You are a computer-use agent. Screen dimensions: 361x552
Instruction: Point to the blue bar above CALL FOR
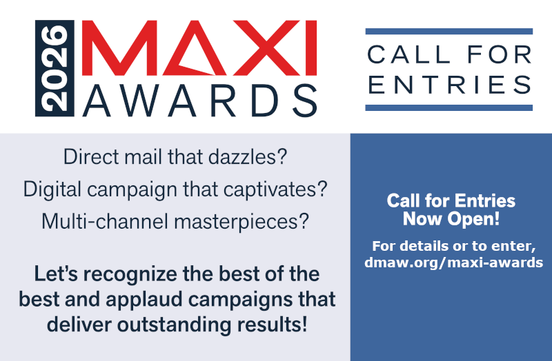449,32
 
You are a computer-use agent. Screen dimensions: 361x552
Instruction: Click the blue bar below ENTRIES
449,107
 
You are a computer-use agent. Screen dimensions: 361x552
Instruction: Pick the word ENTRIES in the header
449,83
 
